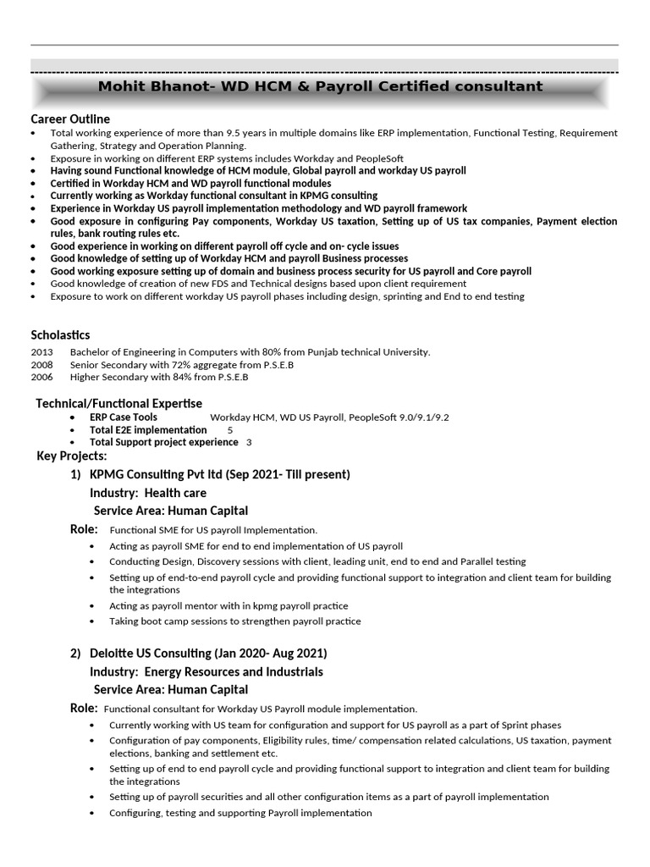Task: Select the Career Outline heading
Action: pyautogui.click(x=70, y=119)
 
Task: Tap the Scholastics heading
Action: pyautogui.click(x=60, y=334)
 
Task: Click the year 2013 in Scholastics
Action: pyautogui.click(x=41, y=352)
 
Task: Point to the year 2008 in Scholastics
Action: pyautogui.click(x=41, y=365)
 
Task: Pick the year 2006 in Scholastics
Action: pyautogui.click(x=41, y=378)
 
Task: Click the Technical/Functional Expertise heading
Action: pyautogui.click(x=118, y=403)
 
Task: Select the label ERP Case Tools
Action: pyautogui.click(x=123, y=417)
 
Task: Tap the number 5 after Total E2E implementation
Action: pyautogui.click(x=230, y=430)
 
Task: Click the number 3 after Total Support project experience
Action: pyautogui.click(x=249, y=442)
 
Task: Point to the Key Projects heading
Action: pyautogui.click(x=72, y=456)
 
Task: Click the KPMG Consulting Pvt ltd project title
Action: pyautogui.click(x=219, y=474)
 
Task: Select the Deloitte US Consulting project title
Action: pyautogui.click(x=208, y=653)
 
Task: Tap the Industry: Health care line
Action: pyautogui.click(x=148, y=493)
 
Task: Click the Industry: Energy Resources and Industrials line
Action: pyautogui.click(x=207, y=671)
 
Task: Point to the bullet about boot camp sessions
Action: pyautogui.click(x=234, y=621)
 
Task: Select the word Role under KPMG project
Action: pyautogui.click(x=83, y=529)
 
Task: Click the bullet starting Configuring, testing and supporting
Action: pyautogui.click(x=240, y=813)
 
